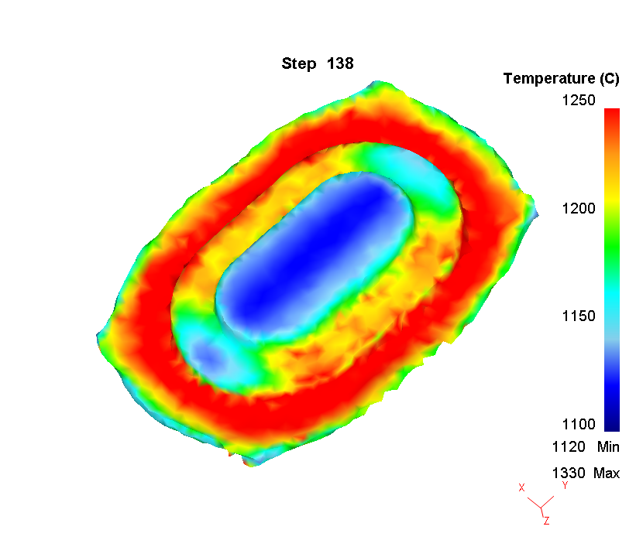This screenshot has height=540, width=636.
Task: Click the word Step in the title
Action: coord(298,63)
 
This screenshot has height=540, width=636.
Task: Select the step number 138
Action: coord(341,63)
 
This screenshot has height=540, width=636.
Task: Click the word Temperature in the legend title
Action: coord(548,78)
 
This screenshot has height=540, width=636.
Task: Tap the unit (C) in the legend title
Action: coord(610,78)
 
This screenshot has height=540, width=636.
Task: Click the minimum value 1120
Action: coord(567,446)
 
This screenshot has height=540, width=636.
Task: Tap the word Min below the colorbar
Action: coord(608,446)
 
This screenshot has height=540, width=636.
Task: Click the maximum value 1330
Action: coord(567,473)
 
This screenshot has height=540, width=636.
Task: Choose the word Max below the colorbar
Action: coord(607,473)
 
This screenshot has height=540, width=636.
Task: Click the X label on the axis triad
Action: coord(522,487)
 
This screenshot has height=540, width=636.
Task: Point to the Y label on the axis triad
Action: coord(566,485)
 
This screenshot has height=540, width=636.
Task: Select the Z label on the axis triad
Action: coord(546,521)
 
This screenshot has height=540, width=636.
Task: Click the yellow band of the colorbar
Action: coord(611,203)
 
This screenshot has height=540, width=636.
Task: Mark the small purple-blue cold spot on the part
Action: coord(209,354)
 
